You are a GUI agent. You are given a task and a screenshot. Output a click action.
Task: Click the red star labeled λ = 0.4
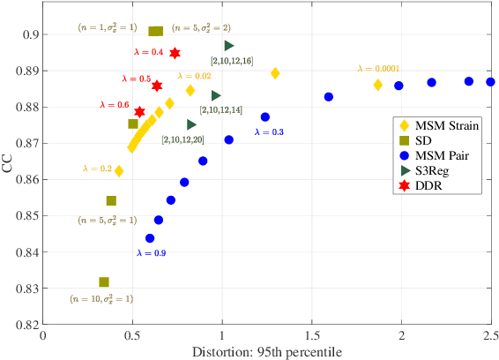175,53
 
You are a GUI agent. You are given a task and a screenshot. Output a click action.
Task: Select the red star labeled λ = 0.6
139,112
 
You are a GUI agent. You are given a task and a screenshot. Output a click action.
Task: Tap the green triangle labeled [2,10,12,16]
229,45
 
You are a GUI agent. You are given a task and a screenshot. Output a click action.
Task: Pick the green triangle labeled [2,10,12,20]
192,124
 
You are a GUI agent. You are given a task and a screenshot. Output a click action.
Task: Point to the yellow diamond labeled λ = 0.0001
378,85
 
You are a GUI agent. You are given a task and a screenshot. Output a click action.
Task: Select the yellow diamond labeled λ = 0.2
119,171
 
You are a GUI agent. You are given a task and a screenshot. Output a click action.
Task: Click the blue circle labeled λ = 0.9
150,238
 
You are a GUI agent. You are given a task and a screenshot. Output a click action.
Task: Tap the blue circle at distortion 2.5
491,82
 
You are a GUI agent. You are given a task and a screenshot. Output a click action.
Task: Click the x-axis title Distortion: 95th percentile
267,351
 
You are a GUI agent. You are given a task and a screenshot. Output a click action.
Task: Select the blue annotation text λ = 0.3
269,131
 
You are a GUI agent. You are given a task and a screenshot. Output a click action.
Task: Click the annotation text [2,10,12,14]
220,109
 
